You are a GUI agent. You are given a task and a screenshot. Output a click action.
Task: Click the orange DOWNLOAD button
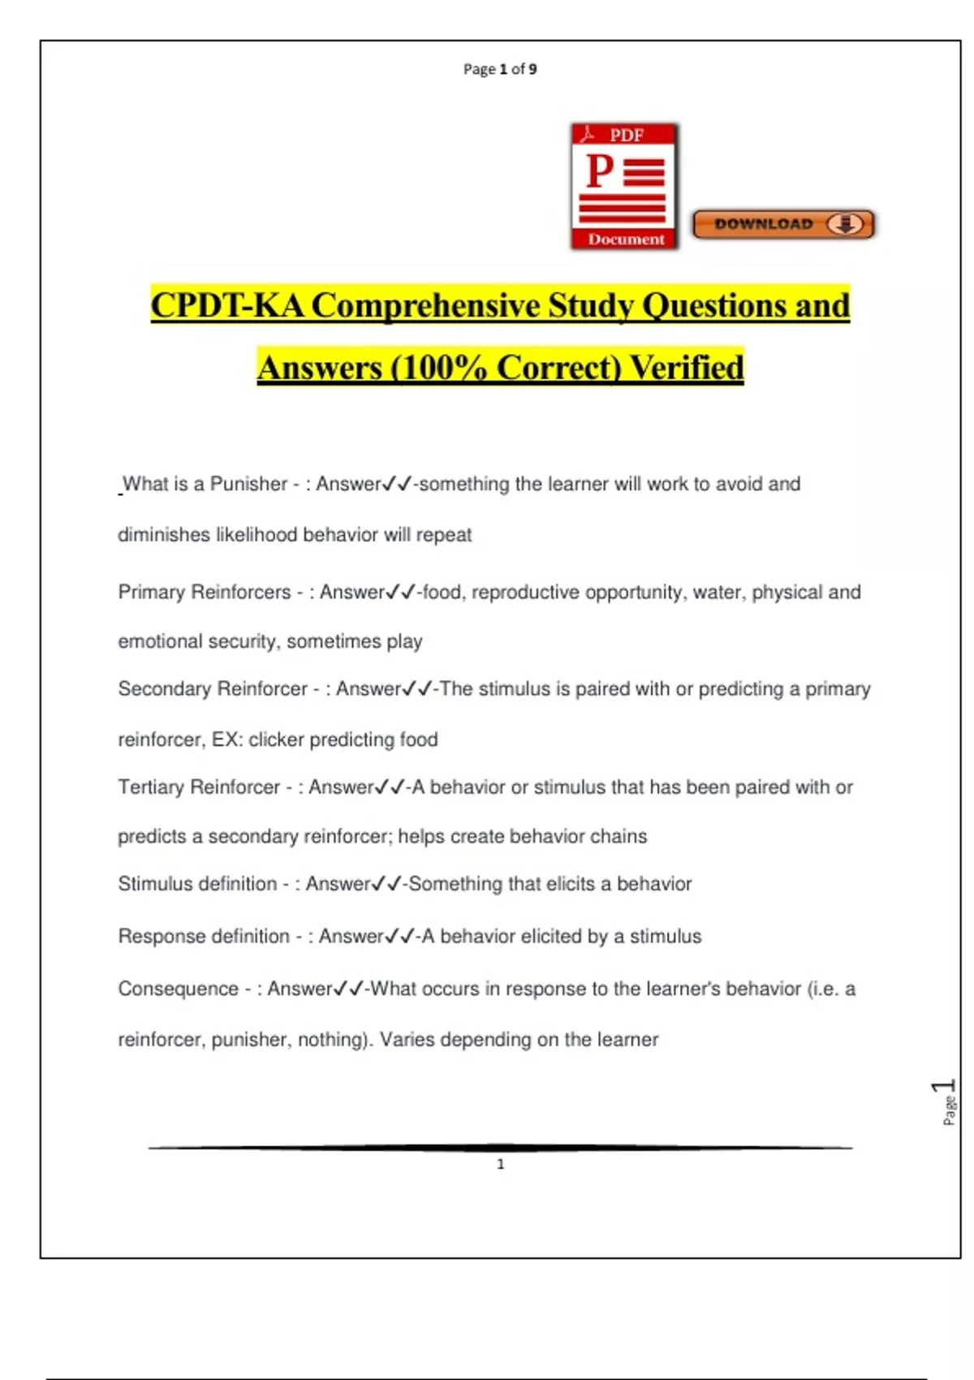pos(783,224)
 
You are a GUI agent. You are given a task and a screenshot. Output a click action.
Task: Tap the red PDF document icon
pos(624,187)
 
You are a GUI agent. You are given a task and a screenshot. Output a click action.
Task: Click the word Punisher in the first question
pos(248,484)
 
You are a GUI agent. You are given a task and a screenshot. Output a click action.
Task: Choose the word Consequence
pos(178,989)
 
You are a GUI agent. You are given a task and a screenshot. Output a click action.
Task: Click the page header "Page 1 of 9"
pos(500,69)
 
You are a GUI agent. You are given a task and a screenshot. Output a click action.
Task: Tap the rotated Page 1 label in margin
pos(946,1102)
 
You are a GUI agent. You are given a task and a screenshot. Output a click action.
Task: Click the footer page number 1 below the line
pos(500,1164)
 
